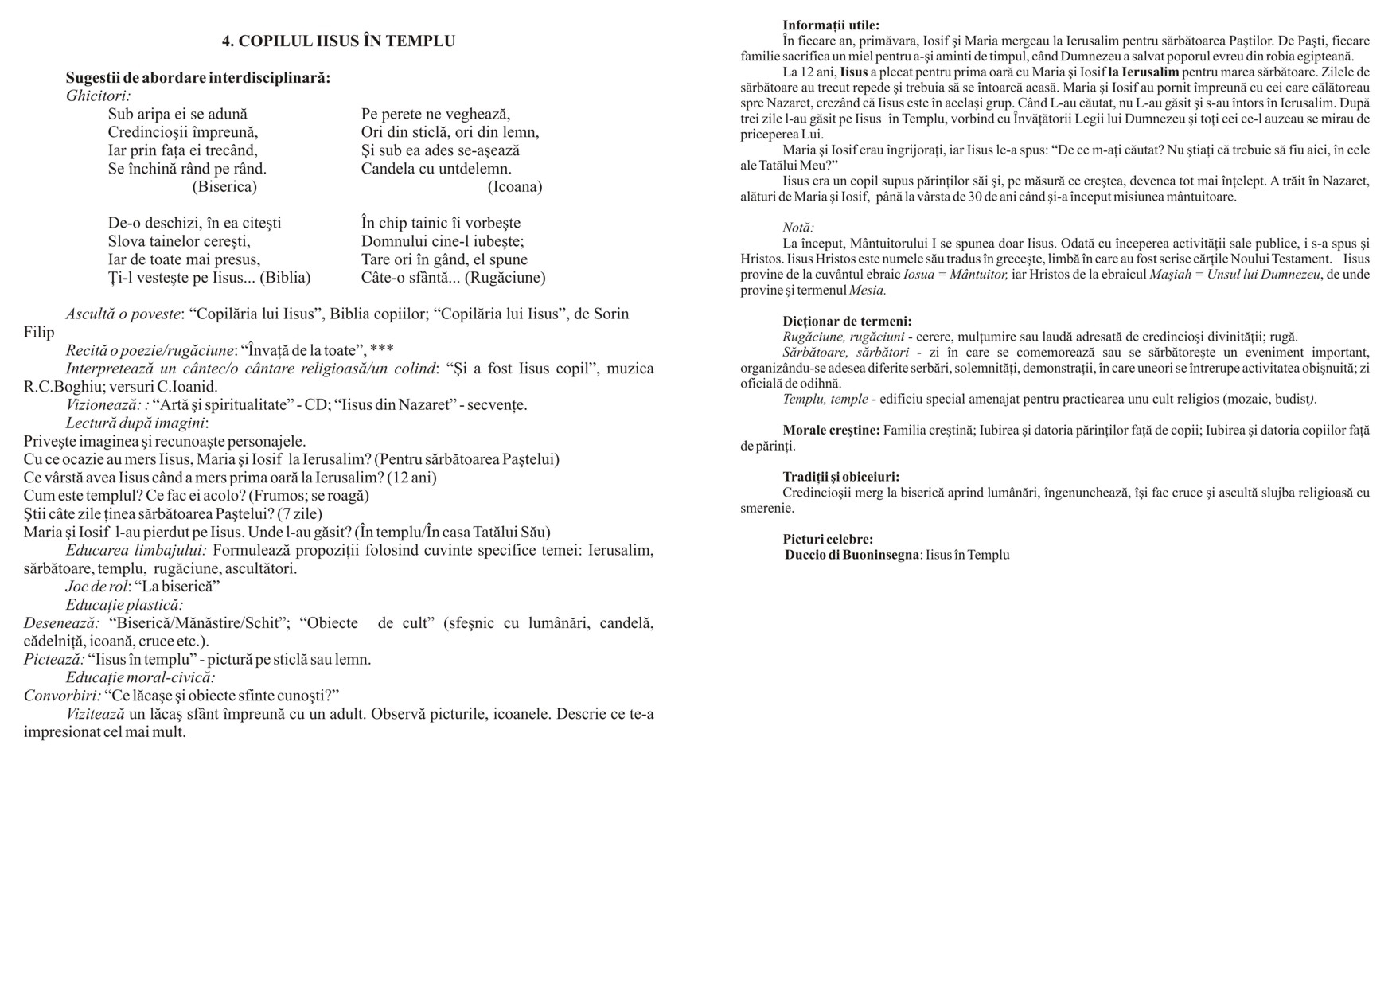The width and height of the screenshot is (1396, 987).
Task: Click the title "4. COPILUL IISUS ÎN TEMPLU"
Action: (338, 41)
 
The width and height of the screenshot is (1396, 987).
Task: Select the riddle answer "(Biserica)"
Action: (224, 187)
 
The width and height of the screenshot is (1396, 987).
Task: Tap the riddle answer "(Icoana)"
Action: (515, 187)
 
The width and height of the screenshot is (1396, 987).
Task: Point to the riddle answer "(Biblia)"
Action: (285, 278)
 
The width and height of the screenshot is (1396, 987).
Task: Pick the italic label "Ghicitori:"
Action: (99, 96)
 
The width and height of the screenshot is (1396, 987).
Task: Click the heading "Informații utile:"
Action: (831, 25)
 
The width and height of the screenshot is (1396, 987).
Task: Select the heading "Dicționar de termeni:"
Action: (847, 322)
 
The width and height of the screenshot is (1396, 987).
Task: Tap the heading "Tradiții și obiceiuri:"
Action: (840, 477)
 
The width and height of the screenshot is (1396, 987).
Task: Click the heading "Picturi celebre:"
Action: (828, 540)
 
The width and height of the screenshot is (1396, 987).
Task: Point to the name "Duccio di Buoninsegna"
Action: (852, 555)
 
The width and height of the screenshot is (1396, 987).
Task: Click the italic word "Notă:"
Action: (798, 228)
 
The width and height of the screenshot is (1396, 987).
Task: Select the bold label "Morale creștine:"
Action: (831, 431)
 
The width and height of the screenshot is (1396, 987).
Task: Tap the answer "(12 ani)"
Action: (411, 478)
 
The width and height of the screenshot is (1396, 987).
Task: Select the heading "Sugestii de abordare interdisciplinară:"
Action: (197, 78)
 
